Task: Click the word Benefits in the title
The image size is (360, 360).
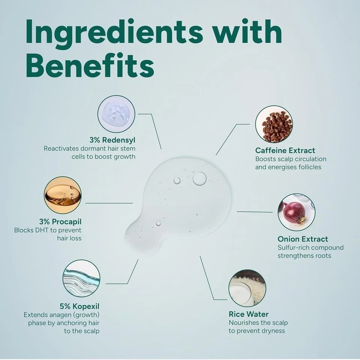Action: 90,65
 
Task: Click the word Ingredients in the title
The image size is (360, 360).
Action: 114,31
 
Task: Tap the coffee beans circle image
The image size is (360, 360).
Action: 274,124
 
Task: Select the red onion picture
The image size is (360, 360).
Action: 296,212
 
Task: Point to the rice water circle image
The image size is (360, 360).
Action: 247,288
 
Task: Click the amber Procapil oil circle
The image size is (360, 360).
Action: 63,195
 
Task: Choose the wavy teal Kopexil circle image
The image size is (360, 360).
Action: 81,278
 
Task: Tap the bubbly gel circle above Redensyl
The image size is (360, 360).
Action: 116,114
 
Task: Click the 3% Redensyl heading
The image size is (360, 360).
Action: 112,140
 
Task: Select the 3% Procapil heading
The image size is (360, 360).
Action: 60,222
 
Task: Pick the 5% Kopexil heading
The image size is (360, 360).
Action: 79,306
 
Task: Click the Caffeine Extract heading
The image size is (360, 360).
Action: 285,150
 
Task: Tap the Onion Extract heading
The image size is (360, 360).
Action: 303,239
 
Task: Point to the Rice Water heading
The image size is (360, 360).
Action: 249,314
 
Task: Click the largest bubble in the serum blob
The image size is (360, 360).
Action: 199,178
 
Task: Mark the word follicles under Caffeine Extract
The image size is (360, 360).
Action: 309,167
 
